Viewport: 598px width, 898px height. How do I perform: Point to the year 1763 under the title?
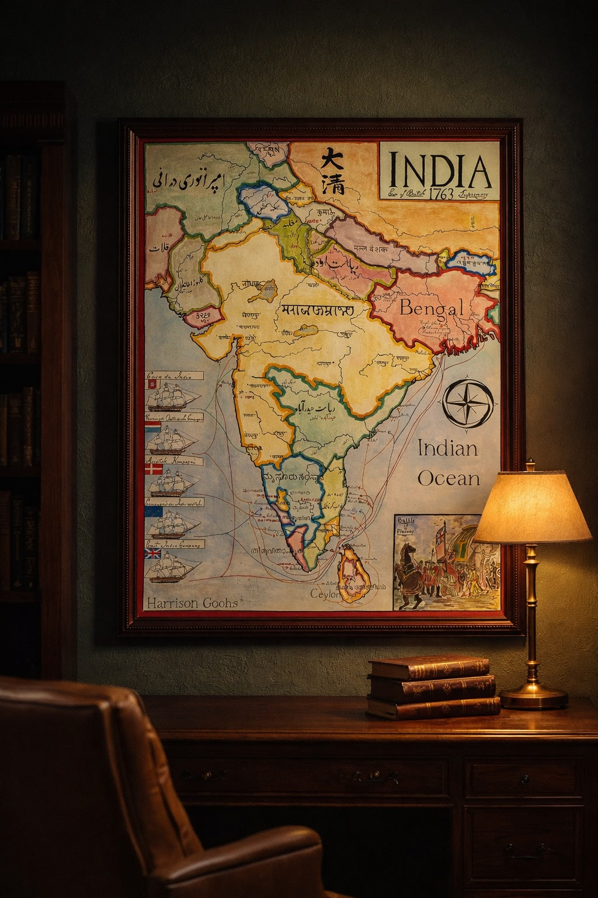click(440, 194)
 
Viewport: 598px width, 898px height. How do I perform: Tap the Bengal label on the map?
click(432, 308)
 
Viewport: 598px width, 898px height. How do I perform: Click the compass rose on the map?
click(468, 403)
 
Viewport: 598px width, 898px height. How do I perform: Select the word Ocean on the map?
click(448, 478)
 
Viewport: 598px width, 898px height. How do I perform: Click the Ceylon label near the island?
click(325, 593)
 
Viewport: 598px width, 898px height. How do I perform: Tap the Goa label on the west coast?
click(254, 447)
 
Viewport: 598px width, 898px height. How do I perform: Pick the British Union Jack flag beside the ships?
click(153, 553)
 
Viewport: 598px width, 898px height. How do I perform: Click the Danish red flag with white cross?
click(154, 469)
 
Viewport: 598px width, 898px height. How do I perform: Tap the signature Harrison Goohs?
click(192, 603)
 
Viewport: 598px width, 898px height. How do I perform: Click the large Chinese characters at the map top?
click(332, 170)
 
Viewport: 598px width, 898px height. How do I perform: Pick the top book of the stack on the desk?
click(429, 666)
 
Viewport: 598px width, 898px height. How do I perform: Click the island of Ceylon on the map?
click(353, 573)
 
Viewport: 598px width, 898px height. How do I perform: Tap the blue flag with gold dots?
click(154, 512)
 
